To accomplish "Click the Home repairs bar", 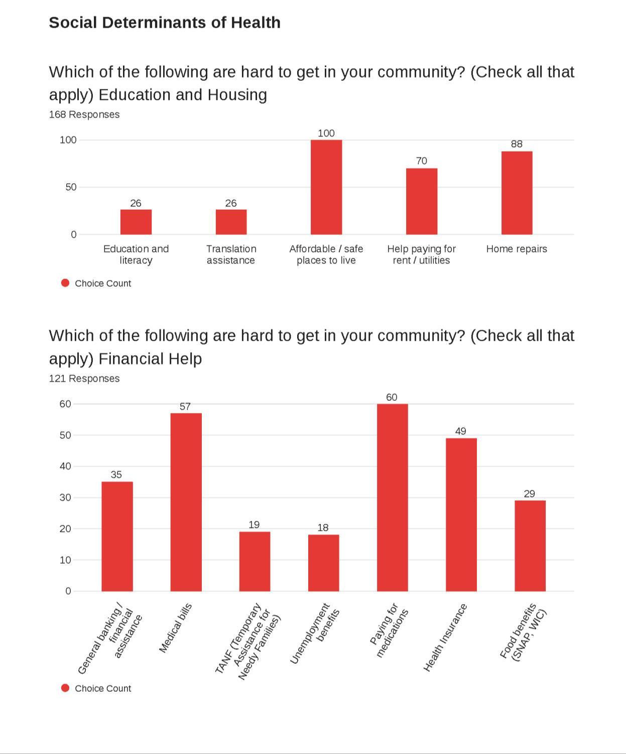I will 517,193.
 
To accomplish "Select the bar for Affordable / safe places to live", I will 326,187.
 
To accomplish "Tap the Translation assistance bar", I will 231,222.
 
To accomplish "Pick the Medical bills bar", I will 186,502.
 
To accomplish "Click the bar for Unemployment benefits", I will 323,563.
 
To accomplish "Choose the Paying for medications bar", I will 392,497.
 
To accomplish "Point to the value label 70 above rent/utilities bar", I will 422,161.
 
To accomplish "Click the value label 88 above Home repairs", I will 517,144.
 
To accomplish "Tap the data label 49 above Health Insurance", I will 460,431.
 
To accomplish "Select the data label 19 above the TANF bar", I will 254,525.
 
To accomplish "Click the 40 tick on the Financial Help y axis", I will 65,467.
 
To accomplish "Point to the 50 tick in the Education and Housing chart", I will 71,187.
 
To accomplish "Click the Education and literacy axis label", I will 136,254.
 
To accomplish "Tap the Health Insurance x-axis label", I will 445,638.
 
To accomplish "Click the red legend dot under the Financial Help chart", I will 65,688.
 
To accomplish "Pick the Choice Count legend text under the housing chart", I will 103,283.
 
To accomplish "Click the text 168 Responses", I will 84,114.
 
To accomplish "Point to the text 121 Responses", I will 84,379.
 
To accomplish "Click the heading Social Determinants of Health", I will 165,23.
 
